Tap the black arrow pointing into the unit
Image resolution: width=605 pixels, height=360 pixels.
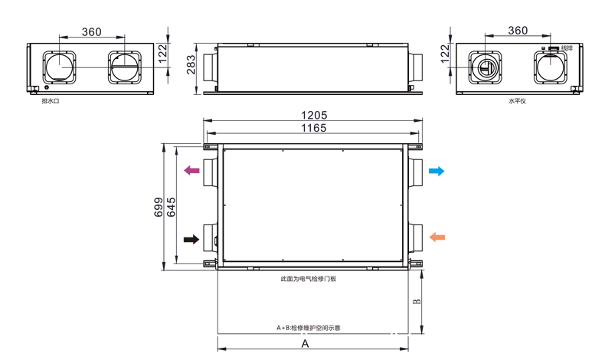[191, 240]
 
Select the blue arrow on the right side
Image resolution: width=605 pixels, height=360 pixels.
[436, 171]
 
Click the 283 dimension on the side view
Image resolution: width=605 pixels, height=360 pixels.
[191, 68]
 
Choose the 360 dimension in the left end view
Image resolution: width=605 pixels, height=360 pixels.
[91, 31]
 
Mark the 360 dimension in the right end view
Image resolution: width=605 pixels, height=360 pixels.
[518, 31]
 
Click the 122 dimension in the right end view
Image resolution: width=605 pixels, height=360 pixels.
[445, 54]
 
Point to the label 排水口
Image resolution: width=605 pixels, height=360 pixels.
[51, 100]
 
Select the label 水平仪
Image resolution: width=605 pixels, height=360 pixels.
[516, 100]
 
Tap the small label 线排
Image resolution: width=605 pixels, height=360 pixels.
[566, 48]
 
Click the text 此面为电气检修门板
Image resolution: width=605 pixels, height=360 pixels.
[309, 279]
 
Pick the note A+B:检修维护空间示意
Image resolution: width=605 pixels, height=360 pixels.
[309, 327]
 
